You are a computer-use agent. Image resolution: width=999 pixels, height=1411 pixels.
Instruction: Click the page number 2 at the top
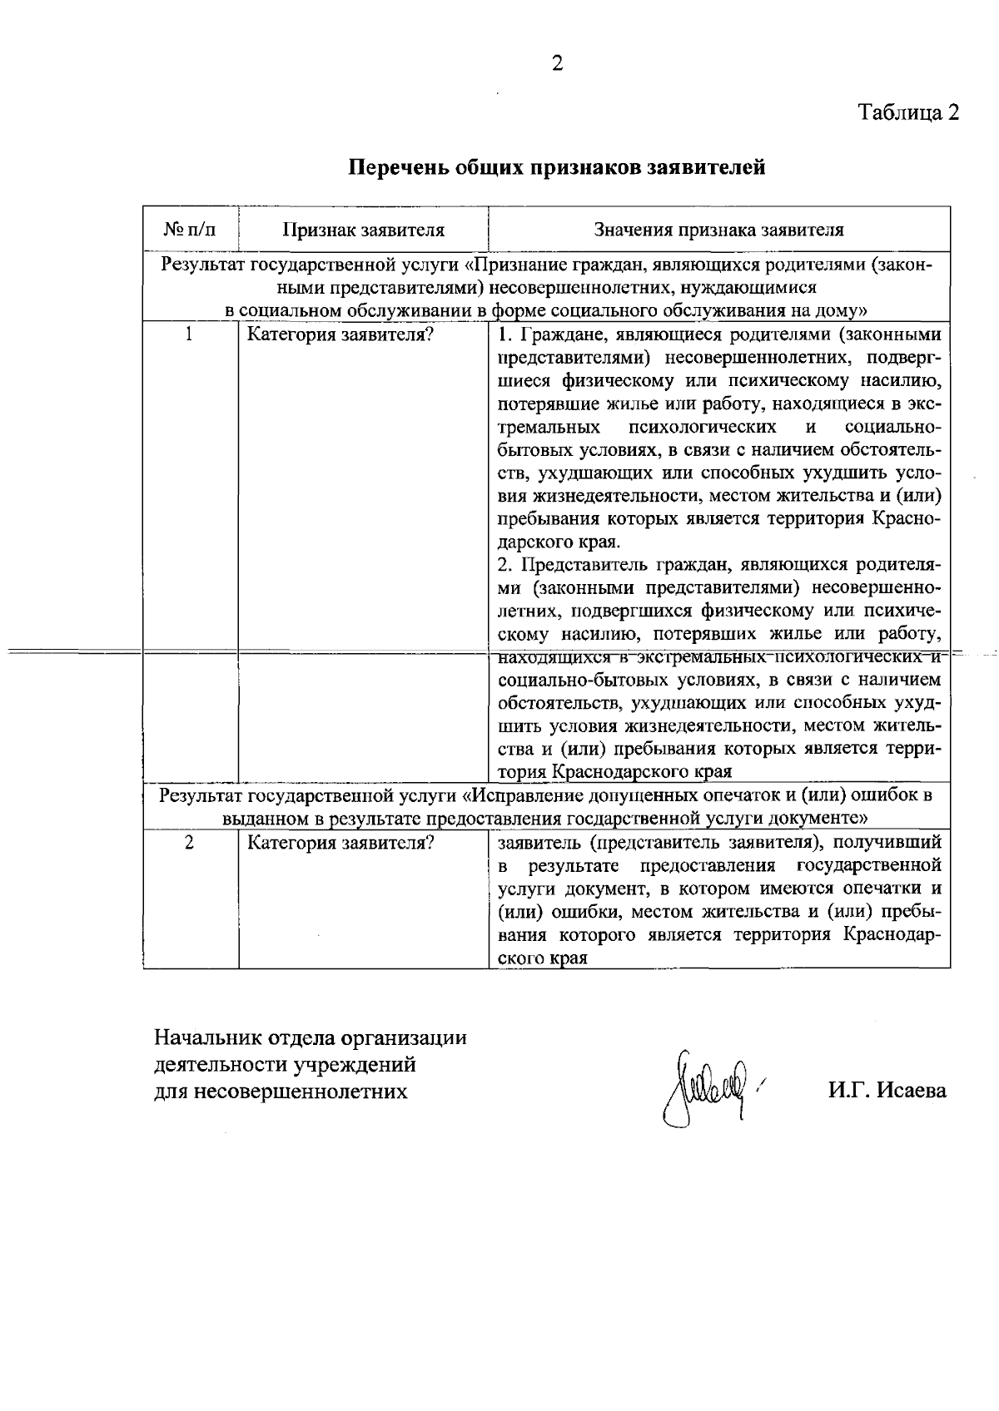point(557,63)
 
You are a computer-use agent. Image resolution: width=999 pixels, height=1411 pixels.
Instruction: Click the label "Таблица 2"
point(909,112)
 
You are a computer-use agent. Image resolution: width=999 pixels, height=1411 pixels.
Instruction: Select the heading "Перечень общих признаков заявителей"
point(556,167)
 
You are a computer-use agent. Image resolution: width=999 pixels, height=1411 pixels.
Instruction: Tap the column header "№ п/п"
point(191,230)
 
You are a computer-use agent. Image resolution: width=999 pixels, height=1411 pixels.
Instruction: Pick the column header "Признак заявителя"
point(363,230)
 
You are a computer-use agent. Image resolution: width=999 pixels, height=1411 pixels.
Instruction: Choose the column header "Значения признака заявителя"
point(718,230)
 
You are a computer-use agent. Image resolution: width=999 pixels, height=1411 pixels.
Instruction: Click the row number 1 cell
point(190,335)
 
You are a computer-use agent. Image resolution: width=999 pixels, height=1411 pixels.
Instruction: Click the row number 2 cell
point(190,842)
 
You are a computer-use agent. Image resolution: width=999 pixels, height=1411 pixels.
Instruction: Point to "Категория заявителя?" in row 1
point(340,335)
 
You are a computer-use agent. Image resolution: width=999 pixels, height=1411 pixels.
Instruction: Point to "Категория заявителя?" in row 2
point(340,843)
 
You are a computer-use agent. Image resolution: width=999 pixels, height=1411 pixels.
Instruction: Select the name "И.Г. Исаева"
point(887,1090)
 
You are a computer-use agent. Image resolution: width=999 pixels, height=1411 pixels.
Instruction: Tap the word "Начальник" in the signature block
point(208,1038)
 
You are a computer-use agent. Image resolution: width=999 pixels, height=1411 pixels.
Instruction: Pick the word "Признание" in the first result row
point(517,265)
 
